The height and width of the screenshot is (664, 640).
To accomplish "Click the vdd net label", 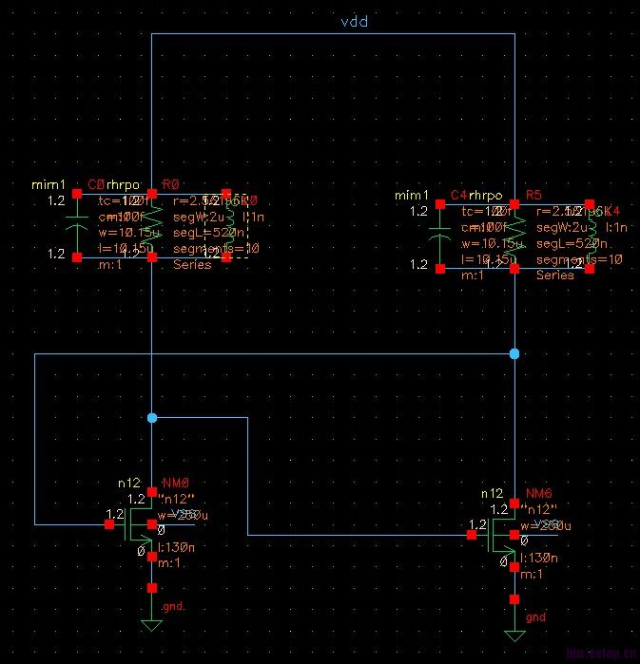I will click(354, 21).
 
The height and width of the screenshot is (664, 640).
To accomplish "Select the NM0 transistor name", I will click(177, 483).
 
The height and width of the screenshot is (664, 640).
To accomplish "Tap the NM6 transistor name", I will click(539, 494).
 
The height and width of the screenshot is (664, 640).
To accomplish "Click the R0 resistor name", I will click(171, 184).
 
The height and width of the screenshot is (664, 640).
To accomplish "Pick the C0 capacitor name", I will click(95, 184).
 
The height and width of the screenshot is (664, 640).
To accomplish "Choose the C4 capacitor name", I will click(458, 196).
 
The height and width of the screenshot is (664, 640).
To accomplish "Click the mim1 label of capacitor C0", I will click(48, 184).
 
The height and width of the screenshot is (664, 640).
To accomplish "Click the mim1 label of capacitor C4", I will click(411, 196).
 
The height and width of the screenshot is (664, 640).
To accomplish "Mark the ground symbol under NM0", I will click(151, 623).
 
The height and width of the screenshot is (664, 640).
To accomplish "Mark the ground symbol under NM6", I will click(514, 634).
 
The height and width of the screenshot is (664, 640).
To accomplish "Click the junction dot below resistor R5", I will click(514, 353).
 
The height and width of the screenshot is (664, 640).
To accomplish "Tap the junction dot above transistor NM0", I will click(152, 417).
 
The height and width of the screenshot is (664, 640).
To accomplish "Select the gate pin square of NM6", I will click(472, 535).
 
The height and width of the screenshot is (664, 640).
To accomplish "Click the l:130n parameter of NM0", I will click(177, 547).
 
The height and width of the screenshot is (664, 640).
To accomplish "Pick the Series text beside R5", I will click(555, 275).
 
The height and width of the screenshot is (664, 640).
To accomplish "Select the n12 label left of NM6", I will click(492, 494).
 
